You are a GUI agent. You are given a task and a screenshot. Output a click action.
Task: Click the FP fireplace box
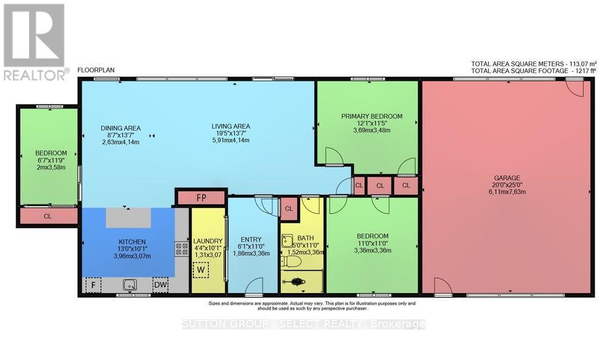click(x=201, y=198)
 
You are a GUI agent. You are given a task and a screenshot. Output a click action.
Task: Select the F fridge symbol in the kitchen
click(x=93, y=285)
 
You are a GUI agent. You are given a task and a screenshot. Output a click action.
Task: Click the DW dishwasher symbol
click(x=161, y=285)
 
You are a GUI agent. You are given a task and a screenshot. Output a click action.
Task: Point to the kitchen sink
click(x=129, y=283)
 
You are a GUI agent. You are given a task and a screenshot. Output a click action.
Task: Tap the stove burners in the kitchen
click(x=181, y=248)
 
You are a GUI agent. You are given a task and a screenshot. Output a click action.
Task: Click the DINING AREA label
click(x=120, y=128)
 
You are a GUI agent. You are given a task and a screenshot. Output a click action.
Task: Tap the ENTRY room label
click(x=250, y=239)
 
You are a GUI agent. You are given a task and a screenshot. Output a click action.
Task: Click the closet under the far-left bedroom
click(x=48, y=216)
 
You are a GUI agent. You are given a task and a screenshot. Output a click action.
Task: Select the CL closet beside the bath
click(x=289, y=209)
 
